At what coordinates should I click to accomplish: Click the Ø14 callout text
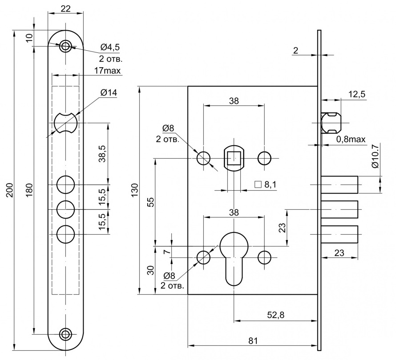[x=109, y=93]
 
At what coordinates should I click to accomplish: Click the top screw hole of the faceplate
[x=66, y=45]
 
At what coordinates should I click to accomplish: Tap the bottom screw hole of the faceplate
[x=66, y=334]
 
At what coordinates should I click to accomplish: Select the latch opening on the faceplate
[x=66, y=123]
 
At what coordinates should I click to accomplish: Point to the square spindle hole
[x=234, y=158]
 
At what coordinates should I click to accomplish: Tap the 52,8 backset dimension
[x=276, y=315]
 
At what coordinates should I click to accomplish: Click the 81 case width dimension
[x=253, y=341]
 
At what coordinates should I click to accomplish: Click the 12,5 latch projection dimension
[x=356, y=94]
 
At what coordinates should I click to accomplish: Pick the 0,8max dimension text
[x=351, y=140]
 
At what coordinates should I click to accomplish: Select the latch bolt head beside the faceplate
[x=331, y=123]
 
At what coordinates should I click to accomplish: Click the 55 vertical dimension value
[x=150, y=202]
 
